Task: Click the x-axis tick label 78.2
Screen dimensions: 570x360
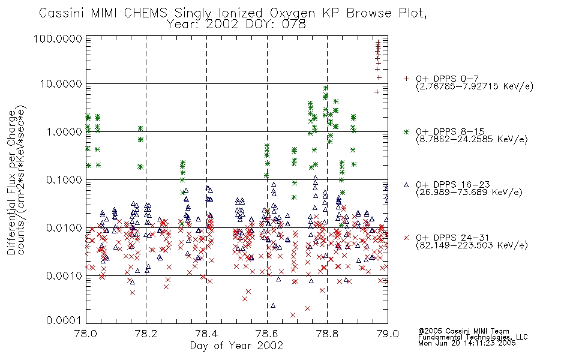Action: pyautogui.click(x=146, y=334)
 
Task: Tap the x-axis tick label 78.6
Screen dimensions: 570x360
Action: pyautogui.click(x=267, y=334)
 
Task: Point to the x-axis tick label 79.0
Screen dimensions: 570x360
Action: pyautogui.click(x=388, y=334)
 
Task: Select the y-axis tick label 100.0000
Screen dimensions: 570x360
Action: pyautogui.click(x=58, y=38)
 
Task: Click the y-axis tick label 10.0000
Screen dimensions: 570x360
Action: pyautogui.click(x=61, y=84)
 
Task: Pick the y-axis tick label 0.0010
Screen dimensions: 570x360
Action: pyautogui.click(x=64, y=276)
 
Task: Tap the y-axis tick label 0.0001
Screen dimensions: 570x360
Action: pyautogui.click(x=64, y=320)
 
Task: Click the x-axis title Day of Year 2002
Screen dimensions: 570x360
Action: pyautogui.click(x=236, y=346)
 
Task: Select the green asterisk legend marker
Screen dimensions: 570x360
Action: pyautogui.click(x=406, y=132)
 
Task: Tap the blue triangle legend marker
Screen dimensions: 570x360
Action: pyautogui.click(x=406, y=185)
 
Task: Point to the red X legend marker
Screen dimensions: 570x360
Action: pyautogui.click(x=406, y=238)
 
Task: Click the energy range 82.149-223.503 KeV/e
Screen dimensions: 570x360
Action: pyautogui.click(x=472, y=245)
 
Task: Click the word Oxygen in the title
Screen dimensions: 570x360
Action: pyautogui.click(x=292, y=13)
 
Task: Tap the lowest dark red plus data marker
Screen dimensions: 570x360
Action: pyautogui.click(x=377, y=92)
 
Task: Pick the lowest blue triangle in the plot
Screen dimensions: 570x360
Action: pyautogui.click(x=273, y=305)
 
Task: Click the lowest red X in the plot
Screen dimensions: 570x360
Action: pyautogui.click(x=293, y=315)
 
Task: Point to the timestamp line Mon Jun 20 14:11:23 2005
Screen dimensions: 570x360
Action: pyautogui.click(x=467, y=343)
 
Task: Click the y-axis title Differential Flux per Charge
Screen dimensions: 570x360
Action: pyautogui.click(x=11, y=182)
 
